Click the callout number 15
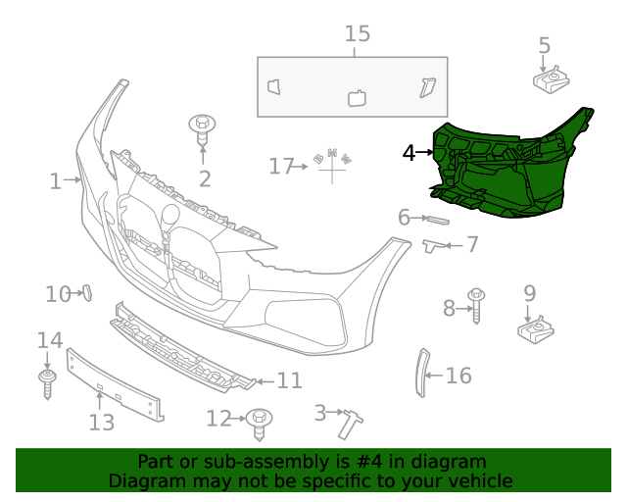358,34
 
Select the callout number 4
409,152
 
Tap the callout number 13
102,423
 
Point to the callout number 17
280,167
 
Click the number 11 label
289,380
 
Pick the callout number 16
458,375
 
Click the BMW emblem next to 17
332,163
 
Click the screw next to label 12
261,422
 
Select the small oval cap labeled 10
85,292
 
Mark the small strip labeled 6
438,219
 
